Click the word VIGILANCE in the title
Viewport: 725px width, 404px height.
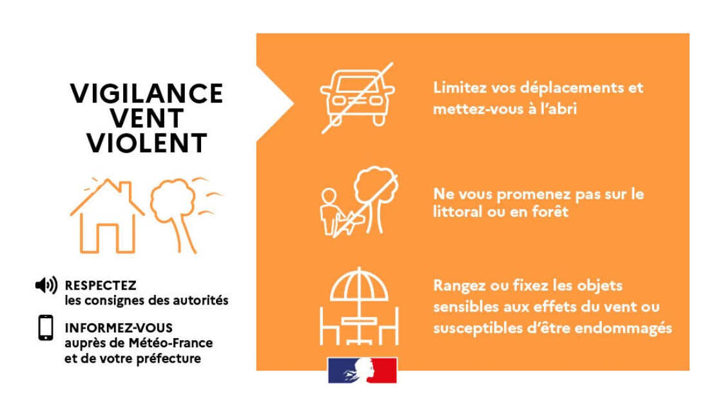tap(146, 94)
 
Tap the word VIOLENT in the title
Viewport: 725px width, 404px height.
tap(146, 143)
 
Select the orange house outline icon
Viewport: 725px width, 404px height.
tap(107, 216)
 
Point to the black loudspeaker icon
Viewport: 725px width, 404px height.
tap(46, 285)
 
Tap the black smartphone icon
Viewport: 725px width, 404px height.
tap(46, 328)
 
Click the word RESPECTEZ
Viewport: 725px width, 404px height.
tap(101, 285)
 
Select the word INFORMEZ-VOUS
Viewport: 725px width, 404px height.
tap(119, 328)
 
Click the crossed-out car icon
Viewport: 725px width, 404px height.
tap(358, 97)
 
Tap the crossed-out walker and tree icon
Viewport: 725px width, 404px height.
tap(359, 202)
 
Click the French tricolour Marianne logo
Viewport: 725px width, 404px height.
tap(362, 370)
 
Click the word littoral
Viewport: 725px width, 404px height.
tap(454, 212)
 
